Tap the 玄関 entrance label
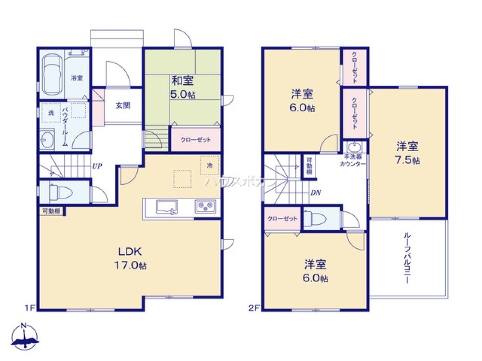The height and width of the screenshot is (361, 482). [122, 106]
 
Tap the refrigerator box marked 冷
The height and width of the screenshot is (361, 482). [210, 165]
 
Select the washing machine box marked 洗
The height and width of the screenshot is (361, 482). [51, 113]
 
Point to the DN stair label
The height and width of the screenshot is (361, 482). [316, 193]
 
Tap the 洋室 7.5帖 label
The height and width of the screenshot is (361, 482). [408, 152]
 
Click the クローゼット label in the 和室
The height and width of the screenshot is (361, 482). [196, 140]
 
